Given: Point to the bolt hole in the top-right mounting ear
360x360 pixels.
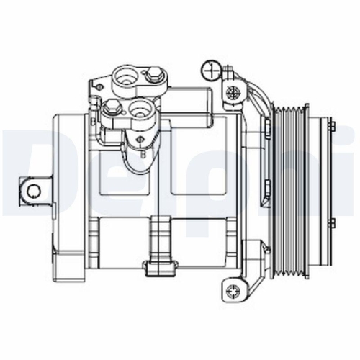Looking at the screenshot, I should coord(232,91).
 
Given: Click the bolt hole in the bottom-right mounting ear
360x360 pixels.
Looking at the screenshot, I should coord(232,291).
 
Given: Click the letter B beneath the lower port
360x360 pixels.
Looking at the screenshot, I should coord(143,152).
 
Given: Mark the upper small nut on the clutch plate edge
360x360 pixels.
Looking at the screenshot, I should coord(332,127).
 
